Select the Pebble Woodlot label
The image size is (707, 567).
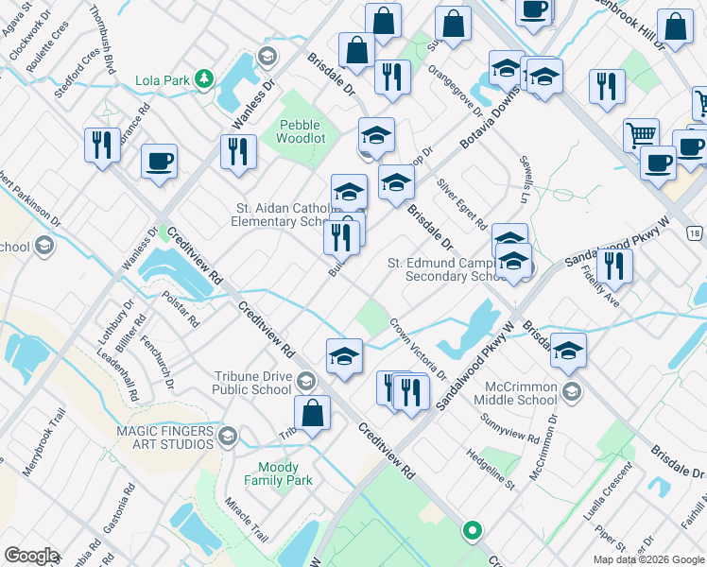pos(300,131)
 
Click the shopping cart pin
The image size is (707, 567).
pos(641,134)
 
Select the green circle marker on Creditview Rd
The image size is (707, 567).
pos(472,531)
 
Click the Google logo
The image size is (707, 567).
pos(30,556)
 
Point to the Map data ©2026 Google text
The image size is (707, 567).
pos(647,559)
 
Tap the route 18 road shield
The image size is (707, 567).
pos(696,232)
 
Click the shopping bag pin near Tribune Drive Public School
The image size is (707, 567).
pos(312,414)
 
